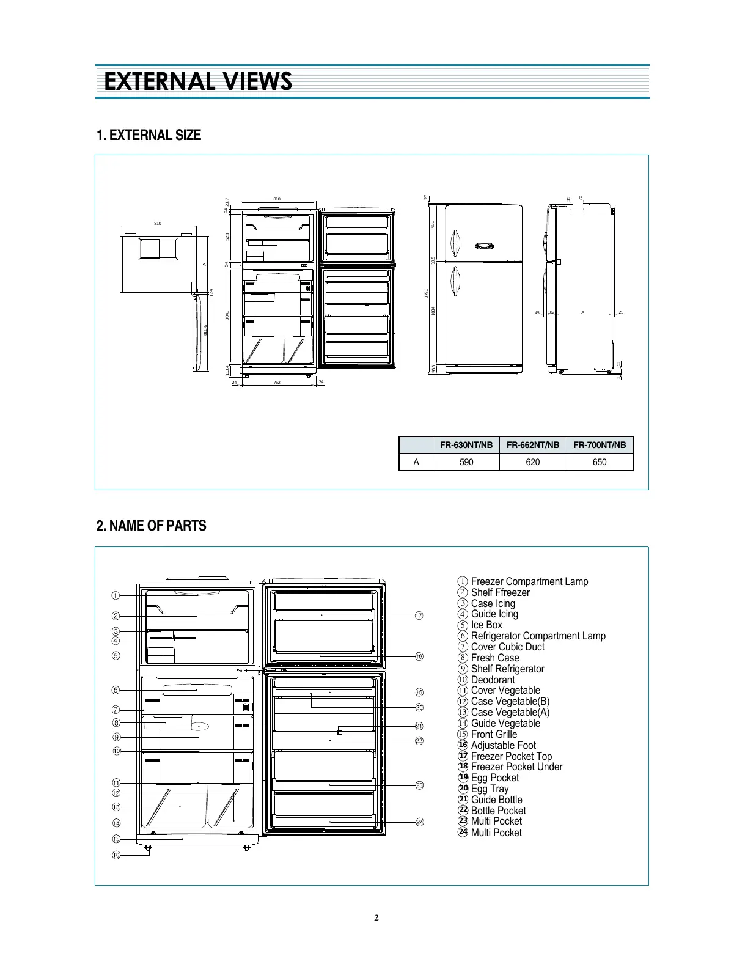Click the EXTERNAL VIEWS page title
(x=197, y=81)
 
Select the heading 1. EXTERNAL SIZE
(x=149, y=135)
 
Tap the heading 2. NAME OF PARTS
(x=151, y=526)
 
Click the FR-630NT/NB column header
(x=466, y=445)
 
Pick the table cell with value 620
(x=532, y=462)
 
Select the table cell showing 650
(x=599, y=462)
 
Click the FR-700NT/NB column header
(x=599, y=445)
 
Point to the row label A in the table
(x=416, y=462)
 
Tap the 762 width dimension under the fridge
(x=276, y=383)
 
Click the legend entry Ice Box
(x=486, y=625)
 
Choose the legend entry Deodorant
(x=493, y=680)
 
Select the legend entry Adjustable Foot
(x=503, y=745)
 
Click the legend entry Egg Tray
(x=490, y=789)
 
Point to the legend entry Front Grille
(x=494, y=734)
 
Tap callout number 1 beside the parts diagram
(x=116, y=595)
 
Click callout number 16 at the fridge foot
(x=116, y=855)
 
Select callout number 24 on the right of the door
(x=420, y=822)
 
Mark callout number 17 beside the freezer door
(x=419, y=616)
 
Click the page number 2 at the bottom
(x=376, y=917)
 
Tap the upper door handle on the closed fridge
(x=455, y=243)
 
